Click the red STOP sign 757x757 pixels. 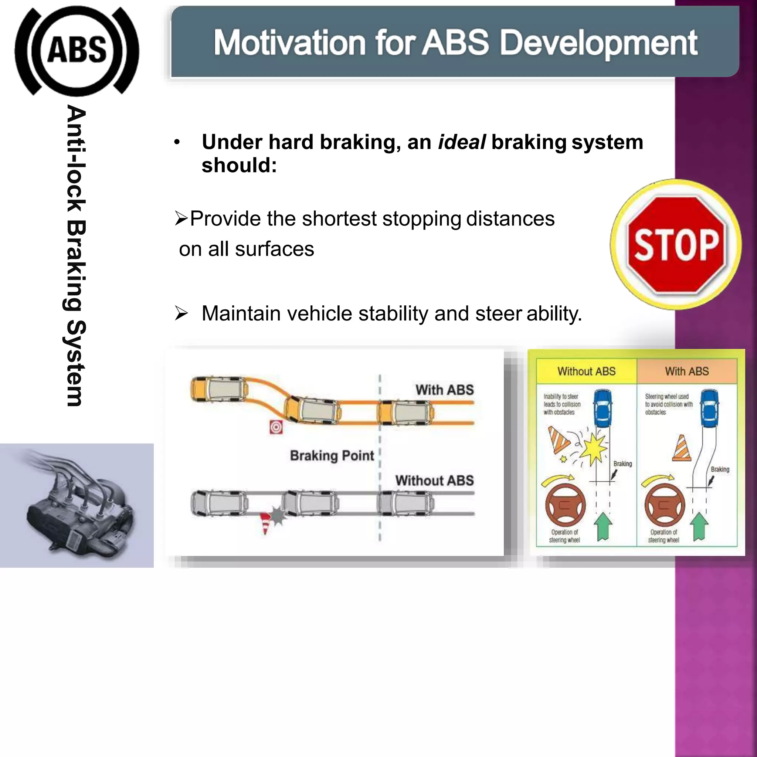(x=676, y=244)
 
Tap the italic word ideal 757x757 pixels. (x=462, y=142)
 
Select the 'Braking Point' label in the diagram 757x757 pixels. (x=332, y=456)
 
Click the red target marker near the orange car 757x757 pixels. (x=276, y=427)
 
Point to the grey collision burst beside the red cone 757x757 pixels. (x=278, y=516)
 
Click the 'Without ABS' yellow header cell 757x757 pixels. (x=586, y=371)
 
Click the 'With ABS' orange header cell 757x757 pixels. (x=686, y=371)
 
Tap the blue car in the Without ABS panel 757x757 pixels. (x=603, y=408)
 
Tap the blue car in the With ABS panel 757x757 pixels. (x=709, y=408)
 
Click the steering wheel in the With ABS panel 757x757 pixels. (x=665, y=504)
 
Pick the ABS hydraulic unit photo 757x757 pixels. (x=77, y=505)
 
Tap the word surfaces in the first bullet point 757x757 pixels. (x=274, y=249)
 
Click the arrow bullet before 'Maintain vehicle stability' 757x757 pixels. (x=181, y=313)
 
